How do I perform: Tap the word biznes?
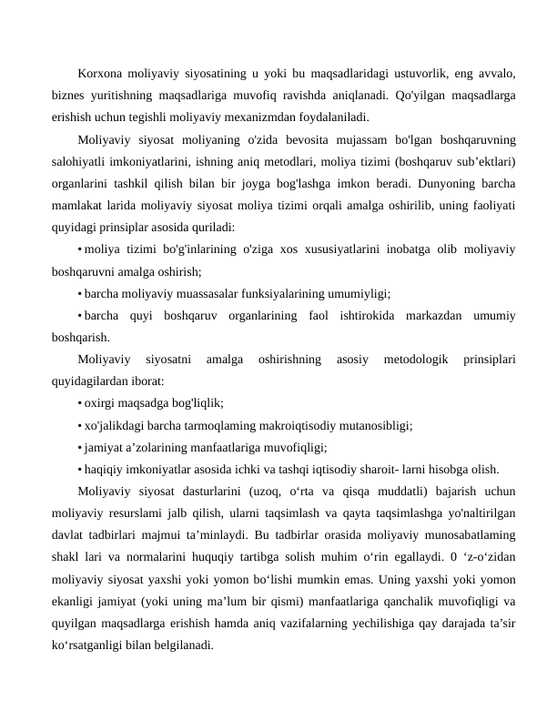click(x=70, y=96)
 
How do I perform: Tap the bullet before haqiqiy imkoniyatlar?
click(x=80, y=470)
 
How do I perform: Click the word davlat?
click(x=69, y=536)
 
